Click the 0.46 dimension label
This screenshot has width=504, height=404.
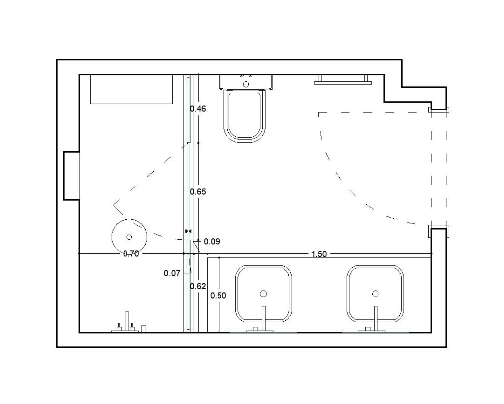[x=198, y=109]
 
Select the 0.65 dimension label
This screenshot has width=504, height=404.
[x=198, y=192]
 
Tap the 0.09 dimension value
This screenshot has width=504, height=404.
[x=212, y=242]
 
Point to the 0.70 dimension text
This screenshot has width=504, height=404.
[x=131, y=254]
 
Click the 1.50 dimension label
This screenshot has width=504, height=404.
[x=319, y=254]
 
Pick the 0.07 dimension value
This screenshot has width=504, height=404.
[x=172, y=273]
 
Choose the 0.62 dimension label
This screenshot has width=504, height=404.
[x=198, y=286]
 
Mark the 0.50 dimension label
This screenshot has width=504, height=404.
[x=218, y=295]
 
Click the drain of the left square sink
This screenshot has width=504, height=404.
[x=264, y=294]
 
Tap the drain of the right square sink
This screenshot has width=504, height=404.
[x=375, y=294]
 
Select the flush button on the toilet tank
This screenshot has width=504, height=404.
[x=246, y=84]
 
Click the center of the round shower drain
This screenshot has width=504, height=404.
[x=129, y=237]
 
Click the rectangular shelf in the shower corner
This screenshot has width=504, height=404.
[x=131, y=90]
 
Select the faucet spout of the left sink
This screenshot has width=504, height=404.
[x=264, y=318]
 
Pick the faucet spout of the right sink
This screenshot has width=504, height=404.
[x=376, y=318]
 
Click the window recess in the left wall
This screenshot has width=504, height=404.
[x=71, y=176]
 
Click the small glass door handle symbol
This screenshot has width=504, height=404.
[x=189, y=231]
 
